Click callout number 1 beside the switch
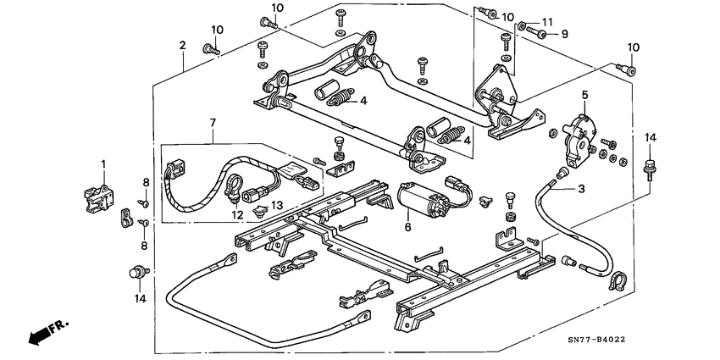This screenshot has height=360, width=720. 103,163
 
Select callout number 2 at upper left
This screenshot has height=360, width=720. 182,45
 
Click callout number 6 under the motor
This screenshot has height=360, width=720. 407,227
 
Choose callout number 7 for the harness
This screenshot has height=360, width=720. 212,125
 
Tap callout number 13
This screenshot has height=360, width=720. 276,206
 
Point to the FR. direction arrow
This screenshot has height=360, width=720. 46,332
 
